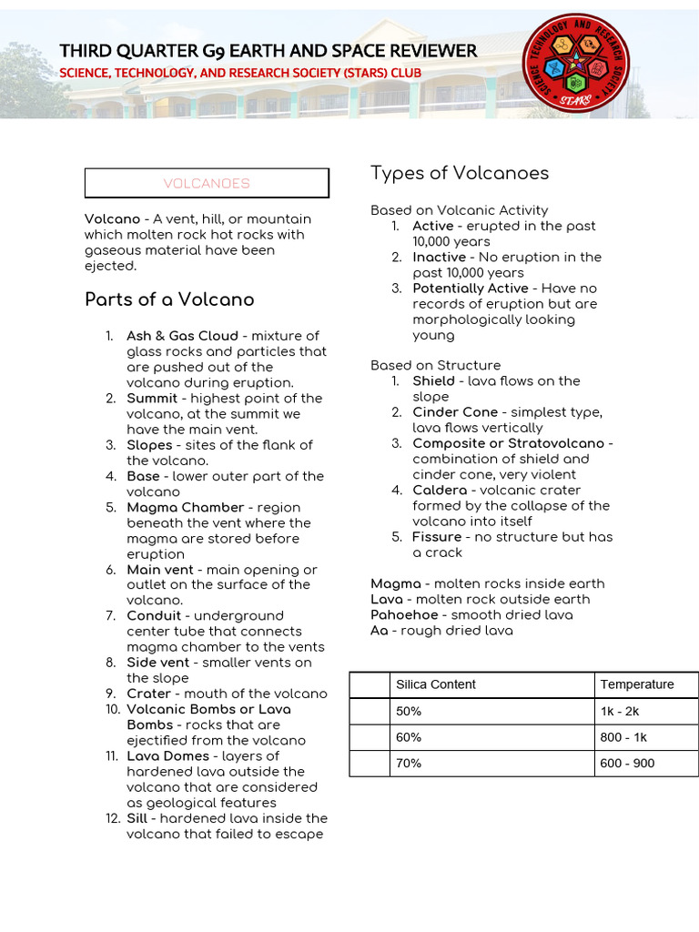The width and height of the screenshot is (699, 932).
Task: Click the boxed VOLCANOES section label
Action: tap(207, 183)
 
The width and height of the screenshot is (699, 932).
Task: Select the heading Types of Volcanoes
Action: tap(460, 173)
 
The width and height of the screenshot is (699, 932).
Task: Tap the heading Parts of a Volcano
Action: tap(169, 299)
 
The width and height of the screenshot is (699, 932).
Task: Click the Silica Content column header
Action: tap(436, 684)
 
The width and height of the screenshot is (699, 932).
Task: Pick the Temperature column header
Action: tap(637, 684)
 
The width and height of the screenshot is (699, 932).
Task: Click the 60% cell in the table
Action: tap(409, 737)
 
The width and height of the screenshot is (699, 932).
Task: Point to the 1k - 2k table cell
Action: tap(620, 711)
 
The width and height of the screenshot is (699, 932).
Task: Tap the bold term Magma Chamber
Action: tap(186, 507)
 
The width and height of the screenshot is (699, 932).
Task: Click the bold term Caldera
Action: tap(441, 491)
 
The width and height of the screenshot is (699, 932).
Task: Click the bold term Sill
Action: tap(137, 818)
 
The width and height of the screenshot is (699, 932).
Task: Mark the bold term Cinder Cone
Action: tap(455, 412)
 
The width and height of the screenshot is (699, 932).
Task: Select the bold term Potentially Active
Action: tap(470, 289)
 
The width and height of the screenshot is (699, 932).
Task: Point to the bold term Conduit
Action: tap(154, 615)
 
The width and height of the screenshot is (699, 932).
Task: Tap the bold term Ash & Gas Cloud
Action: tap(182, 336)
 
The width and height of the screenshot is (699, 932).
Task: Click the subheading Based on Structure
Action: tap(435, 365)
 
